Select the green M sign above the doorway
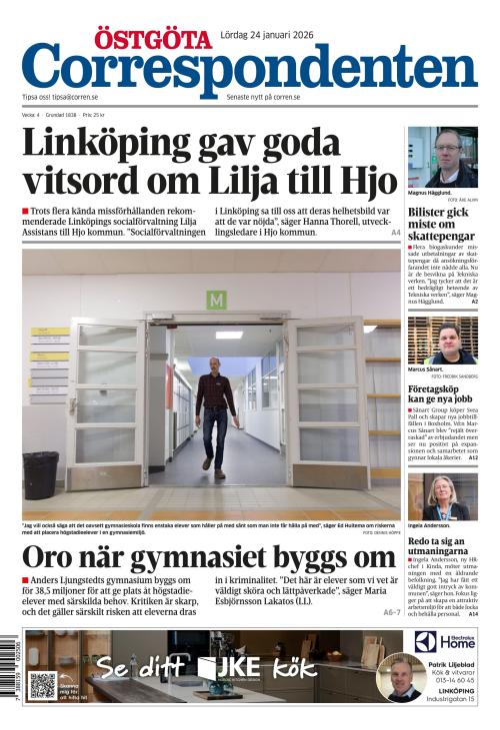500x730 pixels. click(216, 299)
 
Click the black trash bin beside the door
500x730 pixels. click(42, 474)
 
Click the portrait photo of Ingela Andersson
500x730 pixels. click(442, 495)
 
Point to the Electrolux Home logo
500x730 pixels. click(445, 641)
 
